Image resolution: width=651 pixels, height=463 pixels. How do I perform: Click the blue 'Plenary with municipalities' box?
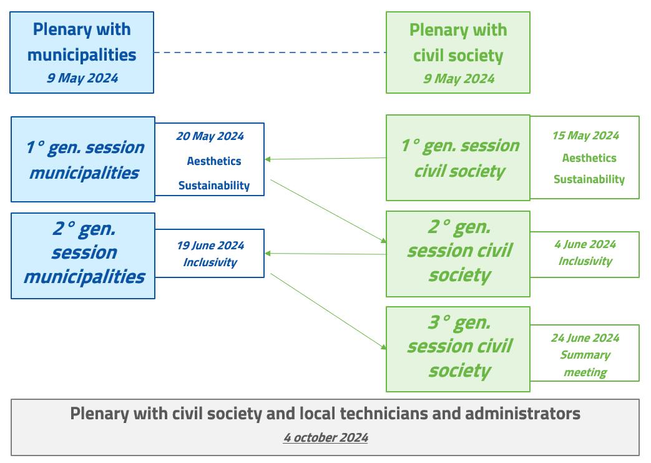click(82, 52)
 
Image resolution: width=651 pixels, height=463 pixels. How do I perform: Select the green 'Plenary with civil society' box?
click(458, 52)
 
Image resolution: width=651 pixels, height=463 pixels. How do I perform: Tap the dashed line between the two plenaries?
click(270, 53)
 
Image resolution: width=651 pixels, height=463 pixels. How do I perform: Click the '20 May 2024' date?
click(210, 136)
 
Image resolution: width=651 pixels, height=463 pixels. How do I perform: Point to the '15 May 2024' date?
click(585, 136)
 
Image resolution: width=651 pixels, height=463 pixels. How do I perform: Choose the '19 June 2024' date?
click(210, 246)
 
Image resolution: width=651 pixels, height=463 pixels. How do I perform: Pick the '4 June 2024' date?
click(585, 244)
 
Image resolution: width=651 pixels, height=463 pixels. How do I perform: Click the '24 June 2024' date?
click(585, 338)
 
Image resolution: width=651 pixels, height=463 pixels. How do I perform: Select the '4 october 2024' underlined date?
click(325, 437)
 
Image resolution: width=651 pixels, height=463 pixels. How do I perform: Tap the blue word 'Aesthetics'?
click(214, 161)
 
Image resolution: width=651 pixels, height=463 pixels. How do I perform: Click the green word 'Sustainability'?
click(589, 179)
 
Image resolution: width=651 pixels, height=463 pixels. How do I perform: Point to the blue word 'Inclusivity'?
click(210, 262)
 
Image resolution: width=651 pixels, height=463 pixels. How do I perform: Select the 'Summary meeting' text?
click(585, 364)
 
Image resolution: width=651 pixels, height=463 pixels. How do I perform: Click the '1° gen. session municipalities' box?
click(83, 159)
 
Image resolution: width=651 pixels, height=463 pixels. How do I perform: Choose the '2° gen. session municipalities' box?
click(83, 256)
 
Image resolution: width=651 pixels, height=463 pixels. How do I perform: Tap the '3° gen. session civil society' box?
click(458, 349)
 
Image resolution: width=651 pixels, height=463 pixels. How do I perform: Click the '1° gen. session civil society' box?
click(458, 158)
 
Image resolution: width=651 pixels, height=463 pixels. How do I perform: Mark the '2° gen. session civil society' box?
click(458, 254)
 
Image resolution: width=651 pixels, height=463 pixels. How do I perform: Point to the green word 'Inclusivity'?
click(585, 261)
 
